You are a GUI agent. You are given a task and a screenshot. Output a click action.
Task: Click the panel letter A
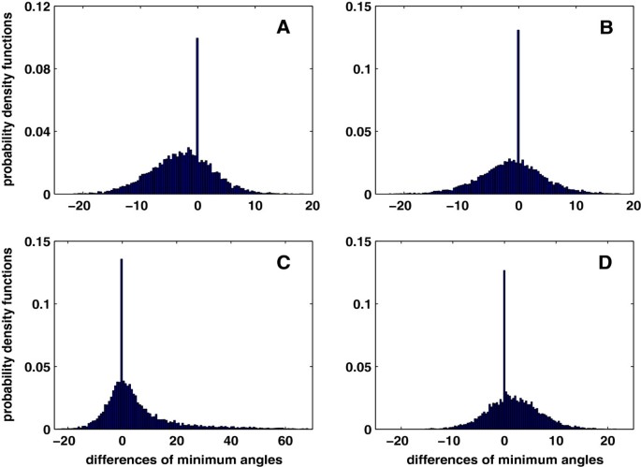click(283, 29)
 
